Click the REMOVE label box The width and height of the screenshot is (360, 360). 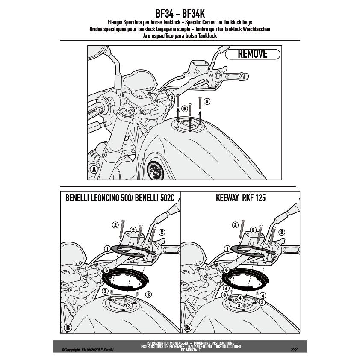tap(252, 54)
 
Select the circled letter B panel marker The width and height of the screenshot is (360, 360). tap(68, 328)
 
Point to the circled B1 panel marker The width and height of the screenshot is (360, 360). tap(188, 328)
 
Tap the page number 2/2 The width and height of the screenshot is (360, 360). tap(294, 349)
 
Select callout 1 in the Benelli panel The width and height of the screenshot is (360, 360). tap(106, 248)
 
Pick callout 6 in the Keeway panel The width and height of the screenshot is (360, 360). tap(226, 270)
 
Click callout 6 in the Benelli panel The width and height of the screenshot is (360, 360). tap(106, 270)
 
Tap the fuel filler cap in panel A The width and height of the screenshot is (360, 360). tap(186, 126)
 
